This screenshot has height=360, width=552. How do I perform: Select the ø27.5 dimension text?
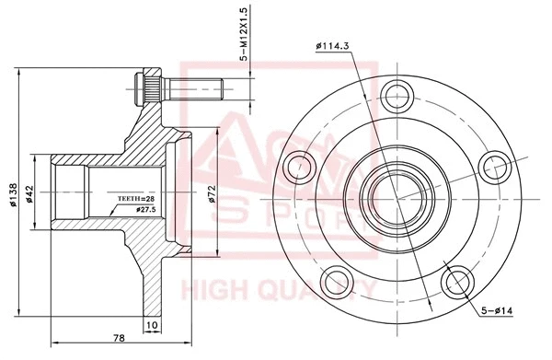point(145,210)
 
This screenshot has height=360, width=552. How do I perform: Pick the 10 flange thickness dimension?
point(152,325)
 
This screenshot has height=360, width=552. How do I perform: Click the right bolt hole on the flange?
point(497,166)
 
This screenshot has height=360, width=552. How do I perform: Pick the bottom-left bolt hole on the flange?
point(337,280)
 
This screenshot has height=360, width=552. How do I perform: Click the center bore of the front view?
point(396,194)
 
